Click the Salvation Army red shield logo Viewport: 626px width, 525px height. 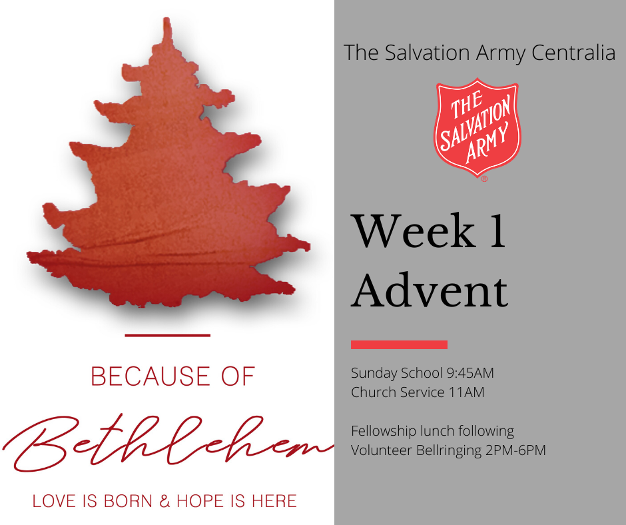(477, 127)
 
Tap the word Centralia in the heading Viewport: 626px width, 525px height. (573, 53)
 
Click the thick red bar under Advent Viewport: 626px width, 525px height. (399, 344)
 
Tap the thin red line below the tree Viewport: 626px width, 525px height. (168, 335)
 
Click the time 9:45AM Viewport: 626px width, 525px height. (470, 373)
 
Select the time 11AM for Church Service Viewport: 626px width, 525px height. (466, 392)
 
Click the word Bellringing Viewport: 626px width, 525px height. (449, 450)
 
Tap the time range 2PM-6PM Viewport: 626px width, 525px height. (515, 450)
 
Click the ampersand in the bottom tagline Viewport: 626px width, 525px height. (164, 501)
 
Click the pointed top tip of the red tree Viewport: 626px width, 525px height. (167, 19)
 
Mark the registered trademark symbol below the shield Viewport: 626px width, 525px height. (484, 179)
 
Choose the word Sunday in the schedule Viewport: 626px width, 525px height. (374, 373)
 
